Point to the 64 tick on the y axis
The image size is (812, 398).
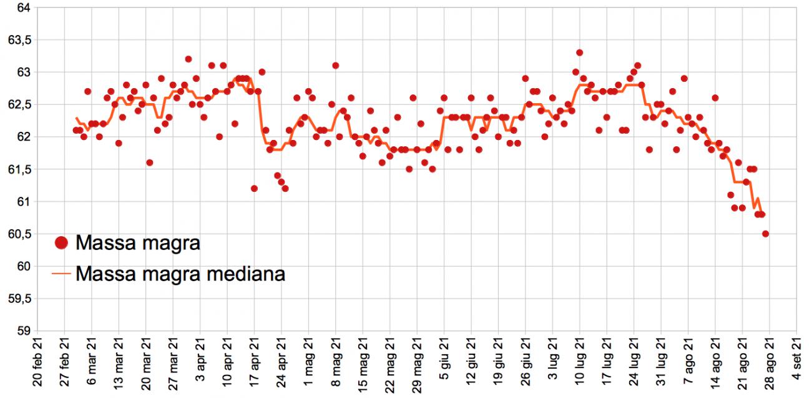[x=22, y=7]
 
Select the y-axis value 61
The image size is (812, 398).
[x=22, y=202]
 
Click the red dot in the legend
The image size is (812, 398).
[x=61, y=242]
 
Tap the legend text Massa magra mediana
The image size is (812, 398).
[x=180, y=274]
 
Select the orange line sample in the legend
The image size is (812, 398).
[x=61, y=274]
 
